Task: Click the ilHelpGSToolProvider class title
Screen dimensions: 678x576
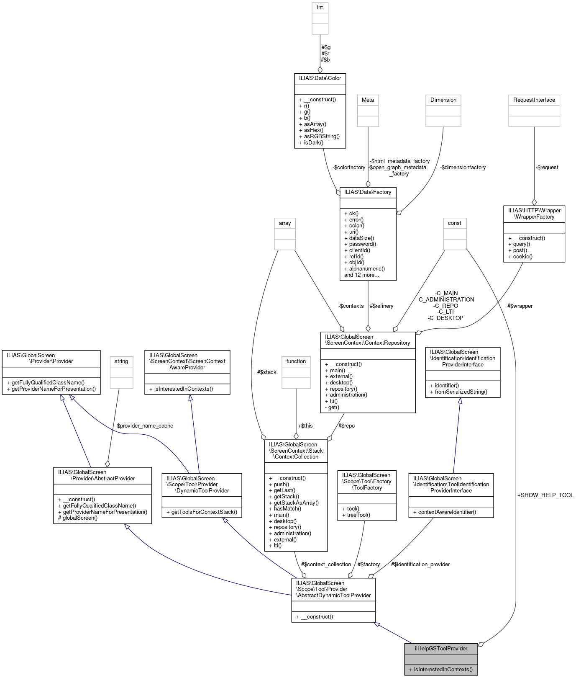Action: coord(441,648)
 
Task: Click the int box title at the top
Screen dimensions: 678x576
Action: coord(320,8)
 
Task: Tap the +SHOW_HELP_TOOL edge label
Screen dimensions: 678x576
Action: coord(545,495)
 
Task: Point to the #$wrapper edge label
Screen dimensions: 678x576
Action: coord(520,306)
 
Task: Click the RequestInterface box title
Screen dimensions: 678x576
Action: coord(534,100)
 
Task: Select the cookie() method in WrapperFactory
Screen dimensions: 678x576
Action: coord(520,256)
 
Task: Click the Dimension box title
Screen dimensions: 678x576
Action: coord(443,100)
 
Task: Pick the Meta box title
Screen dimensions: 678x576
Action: coord(368,100)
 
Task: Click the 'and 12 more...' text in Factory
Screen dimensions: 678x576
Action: coord(361,275)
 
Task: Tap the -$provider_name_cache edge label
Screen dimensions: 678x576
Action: coord(144,425)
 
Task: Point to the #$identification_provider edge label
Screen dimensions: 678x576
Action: coord(420,564)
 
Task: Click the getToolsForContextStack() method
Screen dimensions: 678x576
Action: coord(204,512)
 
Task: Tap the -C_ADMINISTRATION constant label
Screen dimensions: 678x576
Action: coord(445,299)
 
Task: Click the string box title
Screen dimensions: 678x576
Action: coord(121,361)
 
